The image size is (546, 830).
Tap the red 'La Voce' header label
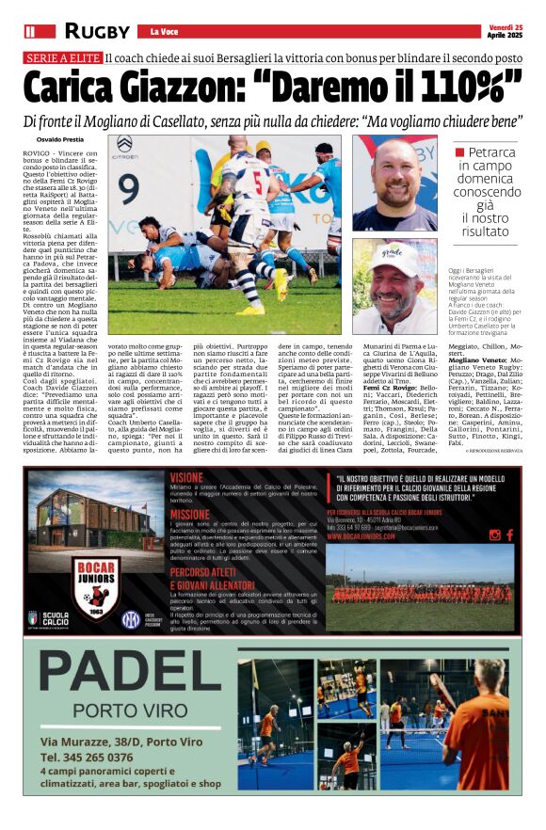(x=165, y=32)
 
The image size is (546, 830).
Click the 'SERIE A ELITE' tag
(x=62, y=58)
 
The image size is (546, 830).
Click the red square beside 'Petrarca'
(x=459, y=152)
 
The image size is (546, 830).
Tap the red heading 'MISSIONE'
(x=190, y=515)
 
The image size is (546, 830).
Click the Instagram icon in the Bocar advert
(x=495, y=535)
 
